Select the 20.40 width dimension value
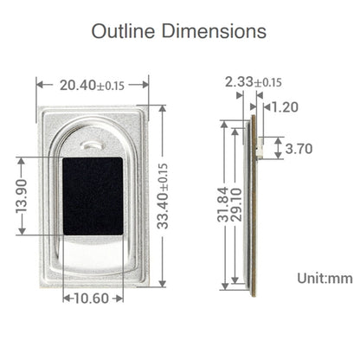click(x=78, y=85)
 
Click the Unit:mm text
click(x=325, y=278)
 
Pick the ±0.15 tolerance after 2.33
click(x=267, y=83)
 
